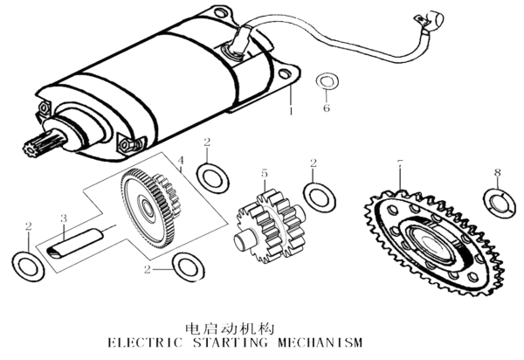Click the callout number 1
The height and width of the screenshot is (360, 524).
tap(291, 112)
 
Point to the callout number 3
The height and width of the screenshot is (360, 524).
tap(63, 218)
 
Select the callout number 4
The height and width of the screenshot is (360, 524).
tap(181, 161)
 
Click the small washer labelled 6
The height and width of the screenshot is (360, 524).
tap(327, 83)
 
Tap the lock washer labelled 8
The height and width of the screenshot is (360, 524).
tap(498, 201)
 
